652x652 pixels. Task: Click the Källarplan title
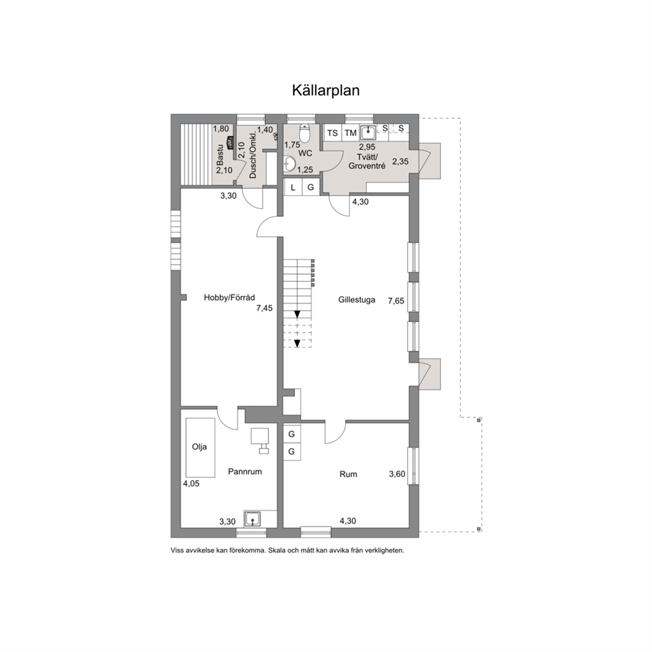[x=325, y=91]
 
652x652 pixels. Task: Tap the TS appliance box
[x=332, y=133]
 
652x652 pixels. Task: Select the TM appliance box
[x=350, y=133]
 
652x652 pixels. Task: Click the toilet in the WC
[x=305, y=133]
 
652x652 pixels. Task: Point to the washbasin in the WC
[x=289, y=164]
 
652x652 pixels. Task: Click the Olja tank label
[x=199, y=447]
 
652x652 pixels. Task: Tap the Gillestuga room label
[x=356, y=300]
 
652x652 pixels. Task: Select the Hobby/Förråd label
[x=229, y=297]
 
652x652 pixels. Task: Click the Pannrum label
[x=245, y=471]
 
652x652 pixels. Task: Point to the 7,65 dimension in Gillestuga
[x=396, y=300]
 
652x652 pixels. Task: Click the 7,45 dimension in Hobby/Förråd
[x=264, y=308]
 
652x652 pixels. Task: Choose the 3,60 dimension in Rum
[x=397, y=474]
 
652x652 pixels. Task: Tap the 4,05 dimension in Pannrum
[x=191, y=484]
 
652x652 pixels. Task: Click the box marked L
[x=292, y=187]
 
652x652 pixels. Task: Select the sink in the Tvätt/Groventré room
[x=368, y=132]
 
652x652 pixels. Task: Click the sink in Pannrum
[x=252, y=519]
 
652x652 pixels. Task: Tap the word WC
[x=305, y=153]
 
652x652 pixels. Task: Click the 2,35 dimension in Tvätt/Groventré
[x=400, y=162]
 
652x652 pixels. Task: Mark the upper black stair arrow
[x=297, y=314]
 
